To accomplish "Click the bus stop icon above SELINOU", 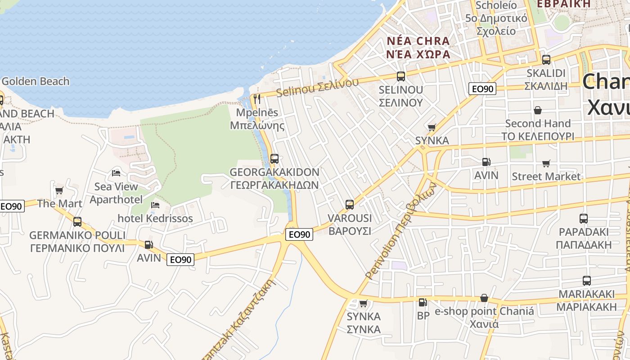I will (400, 76).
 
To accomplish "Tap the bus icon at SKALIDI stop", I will (546, 59).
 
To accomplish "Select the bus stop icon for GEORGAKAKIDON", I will (274, 159).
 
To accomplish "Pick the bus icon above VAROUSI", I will (349, 205).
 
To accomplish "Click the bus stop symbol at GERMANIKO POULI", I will (77, 222).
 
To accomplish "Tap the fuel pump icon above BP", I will (423, 302).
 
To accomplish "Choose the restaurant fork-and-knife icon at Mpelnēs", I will (257, 99).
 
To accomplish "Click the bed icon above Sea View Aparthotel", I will (116, 173).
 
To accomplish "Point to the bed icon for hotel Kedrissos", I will (155, 205).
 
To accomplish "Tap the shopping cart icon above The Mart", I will (59, 190).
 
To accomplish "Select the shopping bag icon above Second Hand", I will (537, 110).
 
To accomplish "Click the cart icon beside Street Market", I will (546, 163).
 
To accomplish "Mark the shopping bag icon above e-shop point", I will (484, 298).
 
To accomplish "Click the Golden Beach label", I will (36, 81).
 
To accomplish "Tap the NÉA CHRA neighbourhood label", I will (418, 41).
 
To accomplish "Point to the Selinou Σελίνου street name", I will (317, 87).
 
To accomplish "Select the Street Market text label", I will (546, 176).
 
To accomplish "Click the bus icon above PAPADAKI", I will (583, 219).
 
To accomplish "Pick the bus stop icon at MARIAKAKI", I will (586, 281).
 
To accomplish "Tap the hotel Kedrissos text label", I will (155, 219).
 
